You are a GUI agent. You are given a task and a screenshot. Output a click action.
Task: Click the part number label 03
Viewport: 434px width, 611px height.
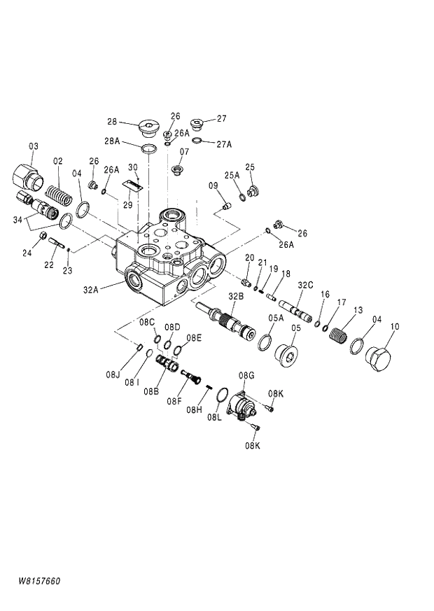[x=34, y=146]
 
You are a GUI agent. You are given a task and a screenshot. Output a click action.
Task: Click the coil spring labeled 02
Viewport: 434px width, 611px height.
[x=59, y=192]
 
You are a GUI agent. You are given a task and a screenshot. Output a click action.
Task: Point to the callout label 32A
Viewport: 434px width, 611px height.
[x=92, y=288]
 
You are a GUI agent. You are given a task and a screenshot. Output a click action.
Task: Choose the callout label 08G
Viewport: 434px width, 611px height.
[x=246, y=377]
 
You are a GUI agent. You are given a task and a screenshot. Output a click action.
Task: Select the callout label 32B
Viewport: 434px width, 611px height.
[x=236, y=297]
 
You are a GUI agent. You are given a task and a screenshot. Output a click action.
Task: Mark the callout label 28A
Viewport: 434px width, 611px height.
[x=113, y=141]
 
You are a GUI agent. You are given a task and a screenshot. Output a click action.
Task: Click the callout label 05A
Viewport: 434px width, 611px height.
[x=276, y=318]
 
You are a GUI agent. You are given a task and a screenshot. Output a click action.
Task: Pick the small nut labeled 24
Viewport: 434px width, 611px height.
[x=45, y=236]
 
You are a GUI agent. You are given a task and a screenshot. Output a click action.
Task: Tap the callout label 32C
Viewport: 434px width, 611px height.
[x=305, y=285]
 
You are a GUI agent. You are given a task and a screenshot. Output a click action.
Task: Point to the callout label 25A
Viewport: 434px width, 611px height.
[x=232, y=174]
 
